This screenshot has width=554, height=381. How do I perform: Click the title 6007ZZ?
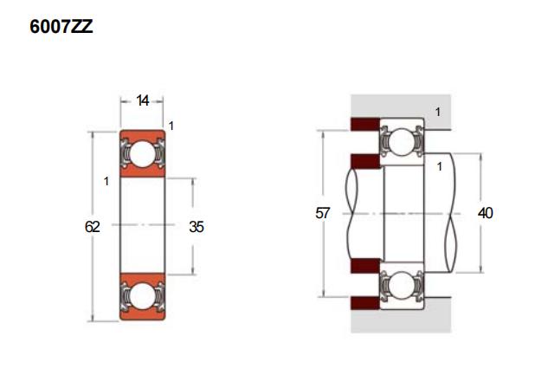tap(61, 27)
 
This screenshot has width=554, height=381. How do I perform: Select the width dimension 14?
tap(142, 101)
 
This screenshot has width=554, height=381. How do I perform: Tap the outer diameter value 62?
tap(93, 227)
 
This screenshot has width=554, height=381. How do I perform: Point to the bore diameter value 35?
tap(196, 227)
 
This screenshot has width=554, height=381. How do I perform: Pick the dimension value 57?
tap(322, 213)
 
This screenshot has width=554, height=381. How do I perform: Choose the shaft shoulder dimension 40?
tap(485, 213)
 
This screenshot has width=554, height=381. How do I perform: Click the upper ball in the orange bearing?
tap(142, 154)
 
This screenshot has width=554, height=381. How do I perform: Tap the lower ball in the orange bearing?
tap(142, 296)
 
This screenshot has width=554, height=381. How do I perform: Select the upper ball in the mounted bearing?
tap(401, 142)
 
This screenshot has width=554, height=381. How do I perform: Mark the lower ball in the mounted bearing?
tap(401, 285)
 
